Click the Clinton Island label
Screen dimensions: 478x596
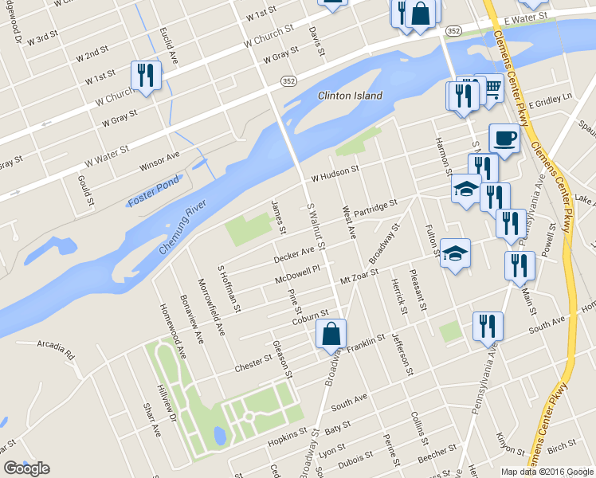click(x=350, y=96)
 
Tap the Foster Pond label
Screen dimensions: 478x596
click(x=153, y=192)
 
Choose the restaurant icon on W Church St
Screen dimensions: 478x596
click(x=146, y=76)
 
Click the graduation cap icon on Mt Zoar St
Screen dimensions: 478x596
click(x=455, y=253)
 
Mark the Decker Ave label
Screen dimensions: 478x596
click(x=294, y=255)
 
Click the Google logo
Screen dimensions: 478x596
click(x=26, y=468)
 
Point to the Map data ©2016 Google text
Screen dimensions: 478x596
click(x=547, y=472)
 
